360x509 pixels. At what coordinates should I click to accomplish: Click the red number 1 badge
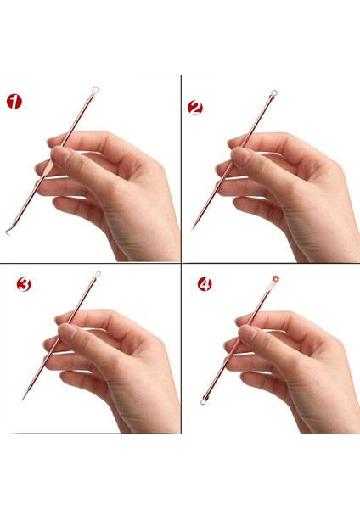pyautogui.click(x=14, y=102)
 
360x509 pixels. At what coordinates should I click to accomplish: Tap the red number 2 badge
pyautogui.click(x=195, y=108)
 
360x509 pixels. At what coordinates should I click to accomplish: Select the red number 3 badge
pyautogui.click(x=24, y=284)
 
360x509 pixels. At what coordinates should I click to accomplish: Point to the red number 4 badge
pyautogui.click(x=205, y=284)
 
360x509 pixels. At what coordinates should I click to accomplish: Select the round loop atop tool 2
pyautogui.click(x=274, y=92)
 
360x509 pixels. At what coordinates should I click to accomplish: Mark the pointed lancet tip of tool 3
pyautogui.click(x=22, y=400)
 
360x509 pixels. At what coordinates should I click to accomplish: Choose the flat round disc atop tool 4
pyautogui.click(x=276, y=278)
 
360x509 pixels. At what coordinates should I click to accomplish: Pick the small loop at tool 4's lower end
pyautogui.click(x=203, y=402)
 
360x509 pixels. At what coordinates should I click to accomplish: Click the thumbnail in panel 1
pyautogui.click(x=59, y=154)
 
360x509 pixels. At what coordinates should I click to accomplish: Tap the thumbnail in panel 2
pyautogui.click(x=240, y=154)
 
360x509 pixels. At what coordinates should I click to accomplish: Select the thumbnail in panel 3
pyautogui.click(x=68, y=331)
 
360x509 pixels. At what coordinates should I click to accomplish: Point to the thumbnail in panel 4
pyautogui.click(x=248, y=332)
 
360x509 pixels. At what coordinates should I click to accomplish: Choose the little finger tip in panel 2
pyautogui.click(x=238, y=204)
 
